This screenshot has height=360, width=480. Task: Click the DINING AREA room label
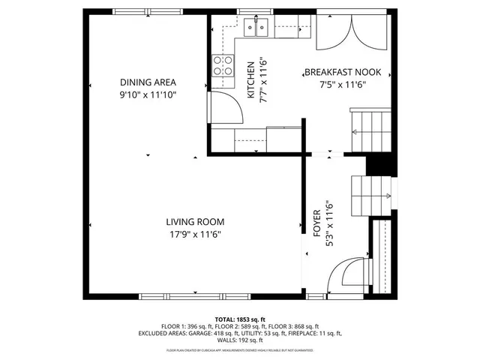[x=148, y=82]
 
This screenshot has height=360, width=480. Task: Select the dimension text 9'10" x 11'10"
[x=148, y=95]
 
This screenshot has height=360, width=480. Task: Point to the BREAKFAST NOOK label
[x=343, y=73]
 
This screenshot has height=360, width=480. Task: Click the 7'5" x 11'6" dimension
[x=343, y=85]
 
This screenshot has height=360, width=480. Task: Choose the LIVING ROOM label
[x=195, y=221]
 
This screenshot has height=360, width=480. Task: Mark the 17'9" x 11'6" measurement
[x=195, y=234]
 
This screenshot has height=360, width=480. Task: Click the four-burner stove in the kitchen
[x=222, y=66]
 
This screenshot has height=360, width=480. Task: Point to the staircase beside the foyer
[x=371, y=191]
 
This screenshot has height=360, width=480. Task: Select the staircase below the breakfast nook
[x=370, y=127]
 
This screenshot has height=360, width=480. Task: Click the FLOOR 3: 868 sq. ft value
[x=294, y=326]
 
